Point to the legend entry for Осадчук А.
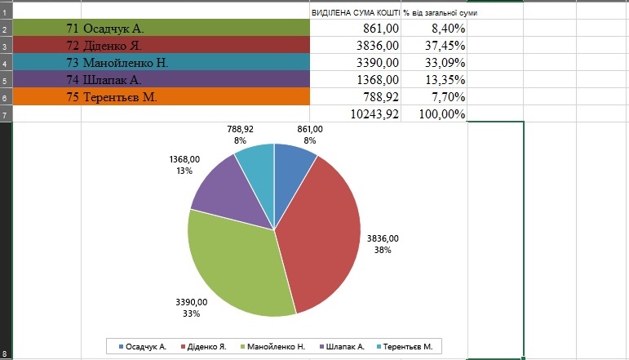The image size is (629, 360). coord(143,346)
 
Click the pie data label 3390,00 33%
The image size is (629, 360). coord(193,307)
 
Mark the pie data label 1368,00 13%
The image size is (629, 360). coord(183,166)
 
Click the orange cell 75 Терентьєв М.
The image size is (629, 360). coord(163,97)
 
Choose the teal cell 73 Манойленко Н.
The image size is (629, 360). coord(163,63)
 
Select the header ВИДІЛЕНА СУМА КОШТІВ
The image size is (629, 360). coord(356,13)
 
